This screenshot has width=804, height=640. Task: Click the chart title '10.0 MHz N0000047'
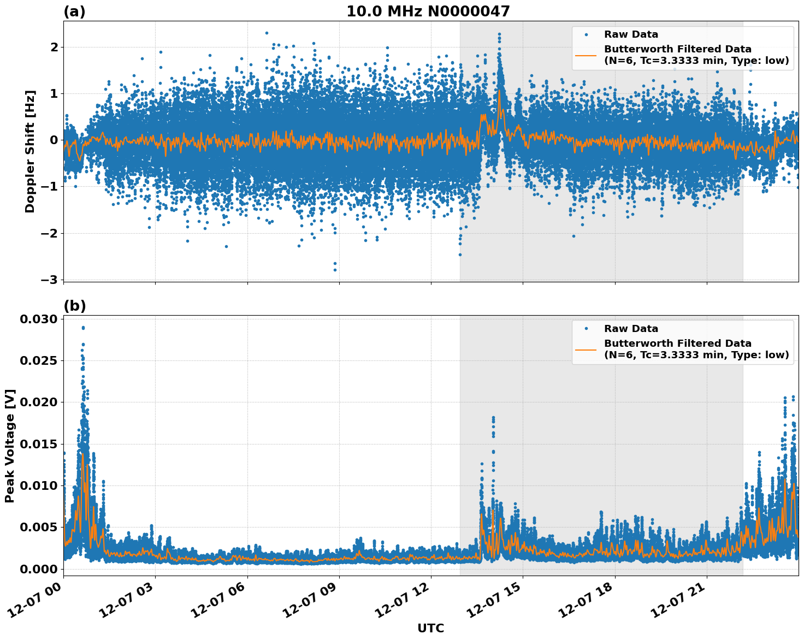tap(428, 11)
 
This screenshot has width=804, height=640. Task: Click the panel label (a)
tap(74, 11)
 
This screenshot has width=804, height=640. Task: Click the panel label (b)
tap(74, 306)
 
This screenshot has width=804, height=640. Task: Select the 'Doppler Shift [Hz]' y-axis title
tap(30, 151)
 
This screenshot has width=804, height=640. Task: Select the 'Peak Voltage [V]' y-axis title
tap(10, 446)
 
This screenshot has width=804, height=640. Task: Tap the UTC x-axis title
tap(430, 628)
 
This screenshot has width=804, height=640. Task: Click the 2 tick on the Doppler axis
tap(54, 48)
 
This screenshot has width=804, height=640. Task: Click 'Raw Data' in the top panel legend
tap(631, 34)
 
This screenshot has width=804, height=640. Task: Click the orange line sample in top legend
tap(586, 55)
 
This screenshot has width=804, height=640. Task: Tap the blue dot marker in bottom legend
tap(586, 329)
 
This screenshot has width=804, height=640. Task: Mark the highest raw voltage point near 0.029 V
tap(83, 328)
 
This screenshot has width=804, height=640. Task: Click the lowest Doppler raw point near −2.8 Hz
tap(335, 270)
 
